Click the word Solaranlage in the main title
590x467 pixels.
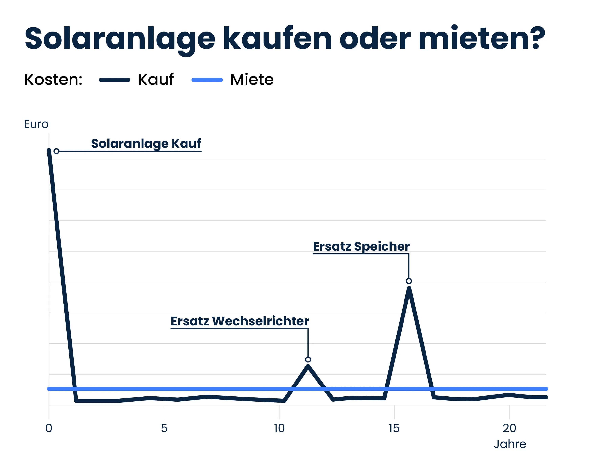[120, 39]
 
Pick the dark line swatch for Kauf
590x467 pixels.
[115, 80]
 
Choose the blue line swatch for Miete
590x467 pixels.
[207, 80]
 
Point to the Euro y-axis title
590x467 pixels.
[36, 124]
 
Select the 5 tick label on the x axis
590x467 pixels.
[164, 428]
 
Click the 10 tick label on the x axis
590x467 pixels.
[279, 428]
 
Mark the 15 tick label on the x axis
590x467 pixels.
[394, 428]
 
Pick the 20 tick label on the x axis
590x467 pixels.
[509, 428]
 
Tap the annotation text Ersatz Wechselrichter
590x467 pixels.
[240, 321]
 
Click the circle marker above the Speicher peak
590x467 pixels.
[408, 281]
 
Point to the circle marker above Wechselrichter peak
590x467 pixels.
[308, 360]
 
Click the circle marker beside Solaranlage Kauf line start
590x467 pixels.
[56, 151]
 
